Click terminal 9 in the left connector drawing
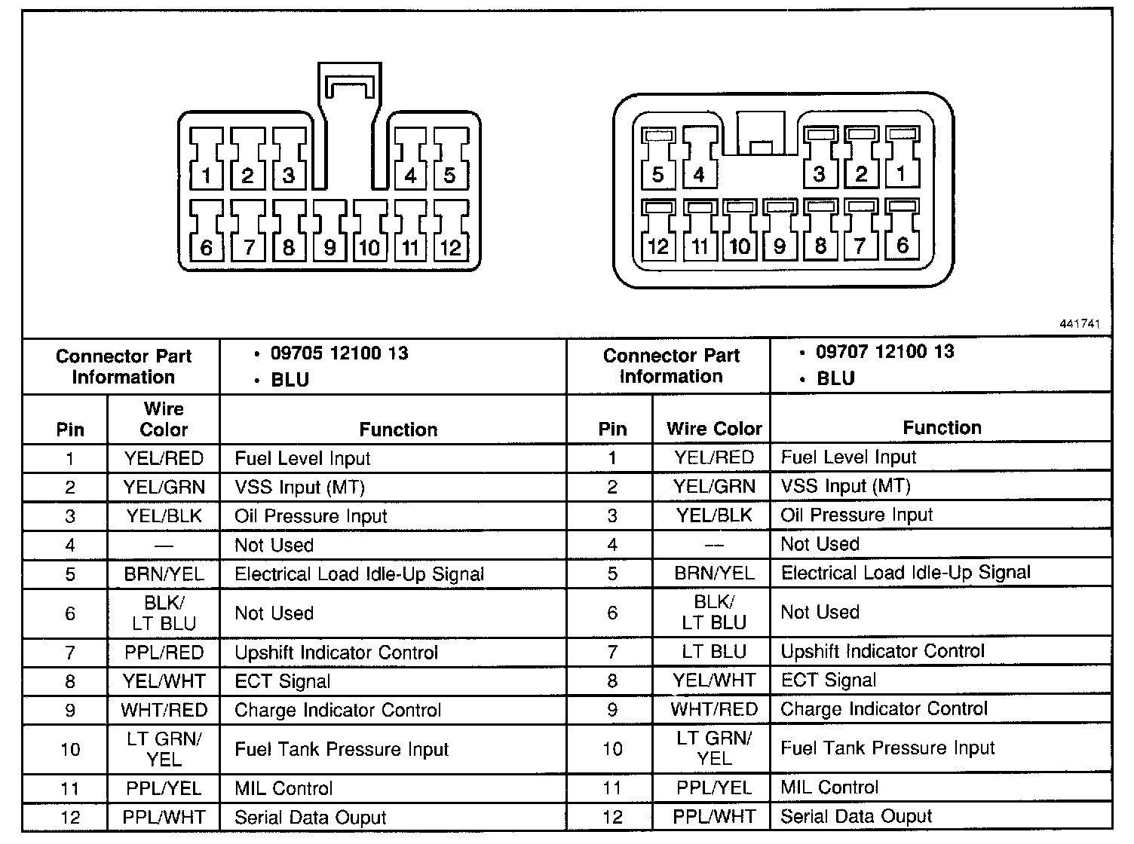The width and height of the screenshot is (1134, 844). [x=329, y=230]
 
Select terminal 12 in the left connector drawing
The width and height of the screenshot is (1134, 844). [x=450, y=230]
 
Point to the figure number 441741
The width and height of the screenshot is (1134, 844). [x=1080, y=324]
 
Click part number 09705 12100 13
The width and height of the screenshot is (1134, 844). [x=339, y=353]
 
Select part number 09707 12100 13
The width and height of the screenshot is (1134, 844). [x=885, y=352]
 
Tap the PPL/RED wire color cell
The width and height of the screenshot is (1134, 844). [x=164, y=653]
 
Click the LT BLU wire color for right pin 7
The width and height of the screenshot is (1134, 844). [x=714, y=651]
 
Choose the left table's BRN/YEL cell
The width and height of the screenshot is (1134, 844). [x=164, y=574]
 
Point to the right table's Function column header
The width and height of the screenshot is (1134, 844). [x=942, y=428]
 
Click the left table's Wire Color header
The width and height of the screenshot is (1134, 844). [x=164, y=419]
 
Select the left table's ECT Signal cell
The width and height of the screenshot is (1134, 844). [x=283, y=681]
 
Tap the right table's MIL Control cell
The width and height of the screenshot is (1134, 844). [x=829, y=787]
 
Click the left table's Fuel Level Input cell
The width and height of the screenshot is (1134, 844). [x=302, y=458]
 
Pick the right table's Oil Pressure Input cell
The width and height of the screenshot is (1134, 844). [x=857, y=515]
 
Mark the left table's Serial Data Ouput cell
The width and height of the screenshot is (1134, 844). [x=310, y=818]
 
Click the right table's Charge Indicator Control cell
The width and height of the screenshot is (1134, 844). [x=884, y=709]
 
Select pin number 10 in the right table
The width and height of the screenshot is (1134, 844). [x=612, y=748]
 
